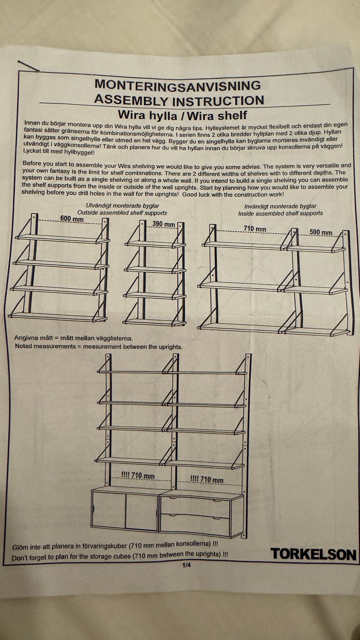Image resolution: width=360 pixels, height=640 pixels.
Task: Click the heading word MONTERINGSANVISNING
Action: tap(177, 85)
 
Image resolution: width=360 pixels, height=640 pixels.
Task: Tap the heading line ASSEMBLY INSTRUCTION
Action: tap(179, 100)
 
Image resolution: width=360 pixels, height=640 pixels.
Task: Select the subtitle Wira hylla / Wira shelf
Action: tap(182, 115)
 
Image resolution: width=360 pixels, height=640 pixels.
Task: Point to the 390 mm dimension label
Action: tap(163, 224)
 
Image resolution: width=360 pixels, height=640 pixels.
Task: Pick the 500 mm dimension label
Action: tap(321, 232)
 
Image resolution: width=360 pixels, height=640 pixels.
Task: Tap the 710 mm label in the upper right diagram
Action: tap(255, 229)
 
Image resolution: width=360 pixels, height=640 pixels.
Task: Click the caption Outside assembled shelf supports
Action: tap(122, 213)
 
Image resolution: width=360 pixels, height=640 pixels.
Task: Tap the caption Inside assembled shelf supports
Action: tap(280, 213)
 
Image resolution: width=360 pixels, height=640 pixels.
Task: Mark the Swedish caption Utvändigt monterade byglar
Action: tap(123, 206)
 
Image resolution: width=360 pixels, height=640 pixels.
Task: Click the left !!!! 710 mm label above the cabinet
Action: tap(138, 476)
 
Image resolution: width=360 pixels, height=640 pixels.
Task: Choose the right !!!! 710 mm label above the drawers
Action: tap(207, 479)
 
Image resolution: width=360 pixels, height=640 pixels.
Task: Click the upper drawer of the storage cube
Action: tap(195, 506)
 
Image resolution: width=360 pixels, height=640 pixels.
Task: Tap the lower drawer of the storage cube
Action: tap(195, 526)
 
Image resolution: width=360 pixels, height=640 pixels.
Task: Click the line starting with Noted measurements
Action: tap(99, 346)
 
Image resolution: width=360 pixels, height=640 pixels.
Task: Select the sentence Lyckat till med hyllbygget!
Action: tap(58, 152)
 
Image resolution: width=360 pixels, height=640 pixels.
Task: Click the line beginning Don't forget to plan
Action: tap(120, 556)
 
